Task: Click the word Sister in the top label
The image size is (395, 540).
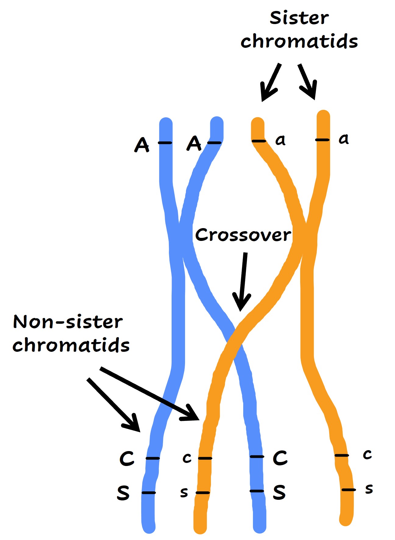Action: pyautogui.click(x=299, y=18)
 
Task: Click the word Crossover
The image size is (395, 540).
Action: pyautogui.click(x=243, y=235)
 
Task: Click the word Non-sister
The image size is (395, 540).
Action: pyautogui.click(x=68, y=322)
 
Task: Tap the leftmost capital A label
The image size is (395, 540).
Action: pyautogui.click(x=142, y=145)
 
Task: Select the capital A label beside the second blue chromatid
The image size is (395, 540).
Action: pyautogui.click(x=194, y=143)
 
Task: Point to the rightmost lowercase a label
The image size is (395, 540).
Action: pyautogui.click(x=343, y=139)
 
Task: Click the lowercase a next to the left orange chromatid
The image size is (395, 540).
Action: pyautogui.click(x=280, y=140)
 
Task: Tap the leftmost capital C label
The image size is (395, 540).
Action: pyautogui.click(x=127, y=459)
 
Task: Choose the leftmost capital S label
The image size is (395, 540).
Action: pyautogui.click(x=123, y=493)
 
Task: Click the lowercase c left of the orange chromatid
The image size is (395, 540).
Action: pyautogui.click(x=187, y=458)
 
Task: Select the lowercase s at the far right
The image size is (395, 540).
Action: pyautogui.click(x=369, y=489)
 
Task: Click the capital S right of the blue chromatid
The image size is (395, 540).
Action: pyautogui.click(x=279, y=492)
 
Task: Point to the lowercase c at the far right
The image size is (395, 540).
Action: pyautogui.click(x=367, y=454)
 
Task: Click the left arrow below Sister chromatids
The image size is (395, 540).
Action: pyautogui.click(x=271, y=83)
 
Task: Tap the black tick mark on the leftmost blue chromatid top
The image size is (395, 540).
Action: pyautogui.click(x=165, y=143)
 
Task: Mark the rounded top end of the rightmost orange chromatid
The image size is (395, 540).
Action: pyautogui.click(x=323, y=115)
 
